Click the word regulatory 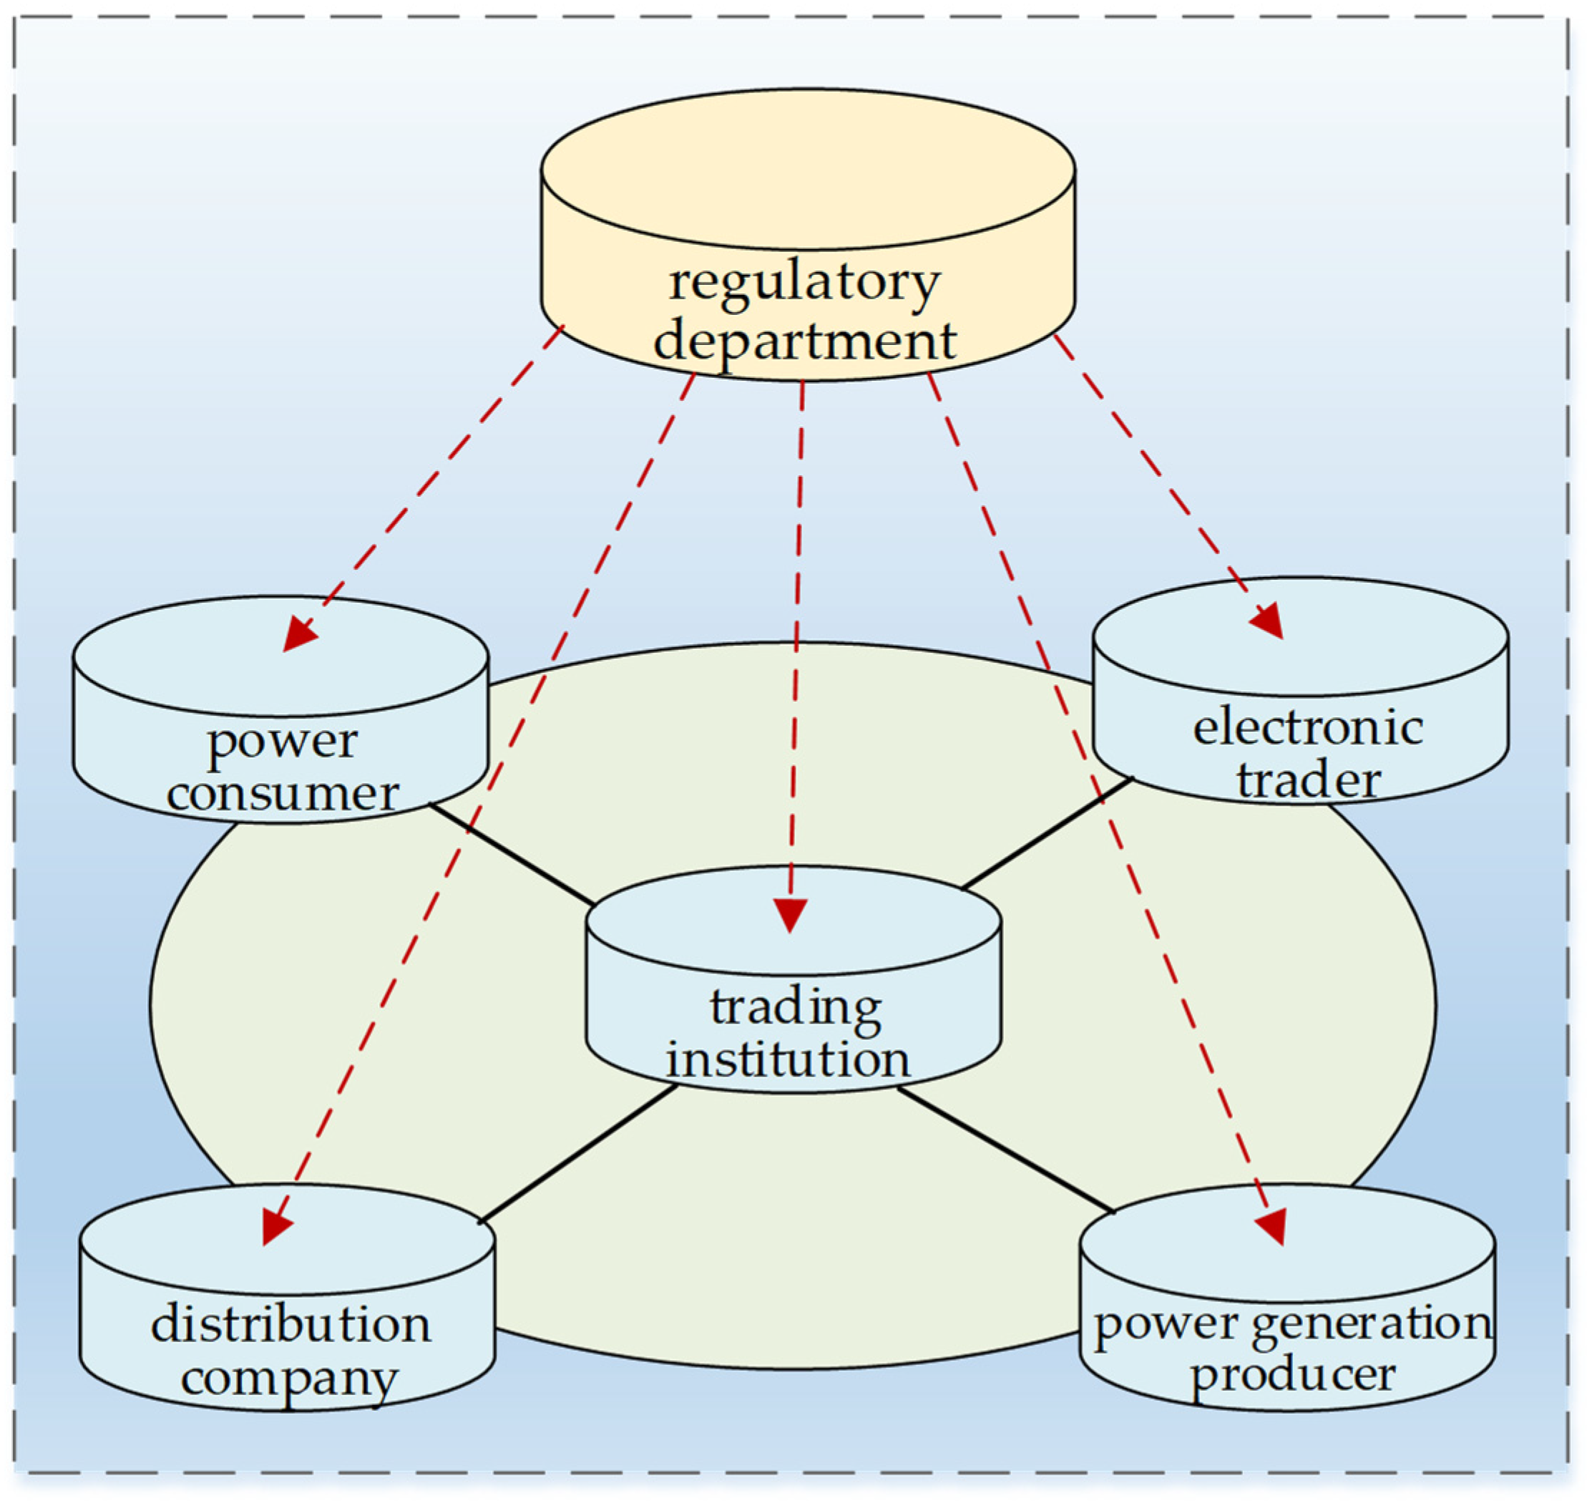[804, 283]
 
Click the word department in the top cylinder [804, 341]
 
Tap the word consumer [282, 794]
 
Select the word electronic [1308, 727]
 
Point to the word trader [1308, 780]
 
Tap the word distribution [290, 1324]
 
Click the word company [289, 1379]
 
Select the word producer [1293, 1374]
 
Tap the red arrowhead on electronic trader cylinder [1269, 622]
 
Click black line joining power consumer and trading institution [512, 854]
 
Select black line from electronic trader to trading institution [1046, 833]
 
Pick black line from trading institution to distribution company [577, 1154]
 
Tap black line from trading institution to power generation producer [1005, 1149]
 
